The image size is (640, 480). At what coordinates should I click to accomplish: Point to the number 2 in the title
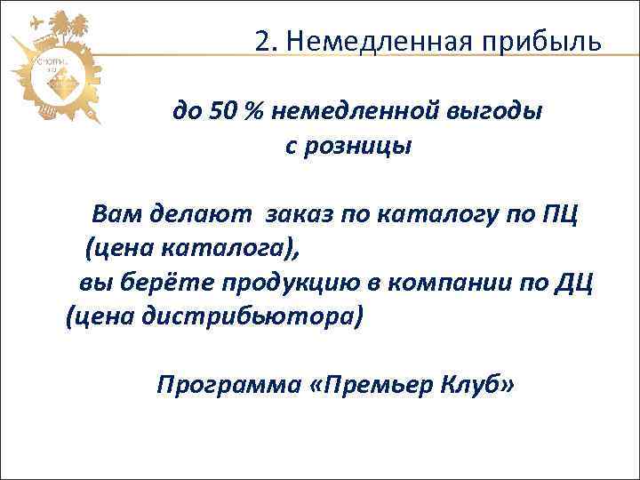click(260, 41)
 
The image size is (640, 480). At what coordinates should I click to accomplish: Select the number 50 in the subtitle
click(224, 112)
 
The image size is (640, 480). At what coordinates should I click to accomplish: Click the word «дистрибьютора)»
click(258, 316)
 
